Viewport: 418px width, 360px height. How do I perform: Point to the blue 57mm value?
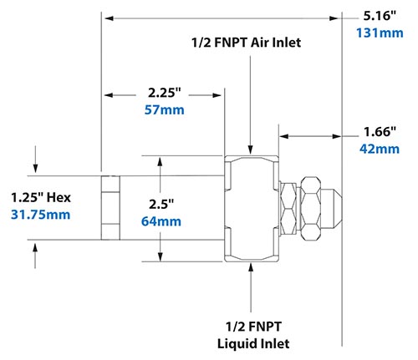click(x=163, y=110)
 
